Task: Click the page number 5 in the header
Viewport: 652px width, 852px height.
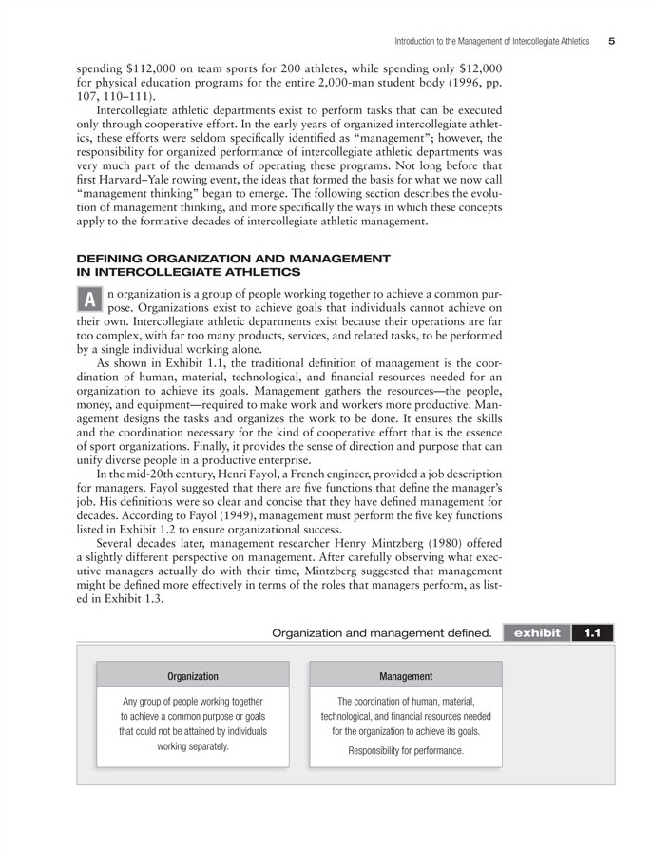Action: click(x=612, y=41)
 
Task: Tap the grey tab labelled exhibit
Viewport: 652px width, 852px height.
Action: click(x=538, y=632)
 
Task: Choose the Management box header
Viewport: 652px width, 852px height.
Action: click(x=406, y=676)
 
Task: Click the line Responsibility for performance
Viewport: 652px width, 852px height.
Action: click(x=406, y=751)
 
